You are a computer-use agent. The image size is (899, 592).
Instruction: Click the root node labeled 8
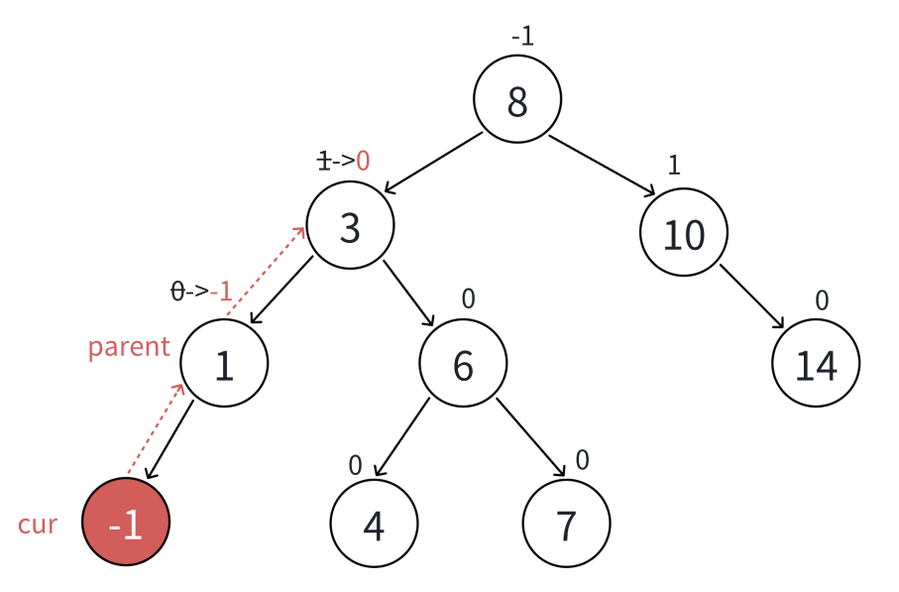[x=517, y=100]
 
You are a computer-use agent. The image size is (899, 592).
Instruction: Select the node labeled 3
[x=350, y=226]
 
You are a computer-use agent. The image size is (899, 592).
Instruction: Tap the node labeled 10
[x=684, y=233]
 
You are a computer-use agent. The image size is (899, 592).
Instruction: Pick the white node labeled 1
[x=225, y=364]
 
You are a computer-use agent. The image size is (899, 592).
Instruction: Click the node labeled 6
[x=463, y=364]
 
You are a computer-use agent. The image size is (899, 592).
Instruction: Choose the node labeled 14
[x=816, y=364]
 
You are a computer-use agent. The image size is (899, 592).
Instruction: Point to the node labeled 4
[x=374, y=524]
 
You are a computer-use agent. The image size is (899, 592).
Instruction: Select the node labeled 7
[x=566, y=524]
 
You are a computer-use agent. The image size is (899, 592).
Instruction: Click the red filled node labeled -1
[x=126, y=524]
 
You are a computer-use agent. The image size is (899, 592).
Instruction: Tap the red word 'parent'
[x=129, y=347]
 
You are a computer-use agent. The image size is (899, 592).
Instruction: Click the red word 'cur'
[x=38, y=524]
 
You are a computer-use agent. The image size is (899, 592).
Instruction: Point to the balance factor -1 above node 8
[x=522, y=37]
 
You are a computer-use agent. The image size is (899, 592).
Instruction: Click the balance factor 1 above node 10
[x=674, y=165]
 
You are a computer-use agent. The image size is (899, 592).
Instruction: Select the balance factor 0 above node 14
[x=822, y=299]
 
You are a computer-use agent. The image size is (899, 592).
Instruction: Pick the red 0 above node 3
[x=363, y=161]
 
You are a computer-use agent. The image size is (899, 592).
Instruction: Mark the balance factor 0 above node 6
[x=469, y=297]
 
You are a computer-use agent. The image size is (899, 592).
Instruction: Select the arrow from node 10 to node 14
[x=753, y=296]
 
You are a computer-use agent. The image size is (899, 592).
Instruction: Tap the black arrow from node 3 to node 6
[x=409, y=294]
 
